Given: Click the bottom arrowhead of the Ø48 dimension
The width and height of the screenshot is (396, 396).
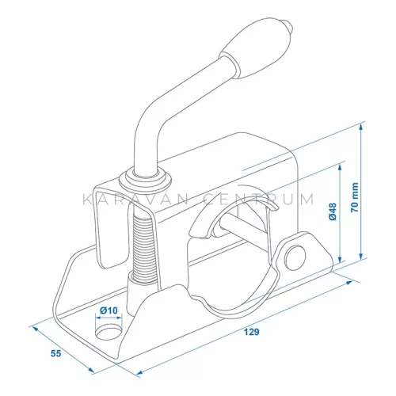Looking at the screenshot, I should click(x=340, y=261).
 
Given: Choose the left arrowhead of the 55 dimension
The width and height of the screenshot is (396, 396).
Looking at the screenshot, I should click(x=34, y=326).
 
